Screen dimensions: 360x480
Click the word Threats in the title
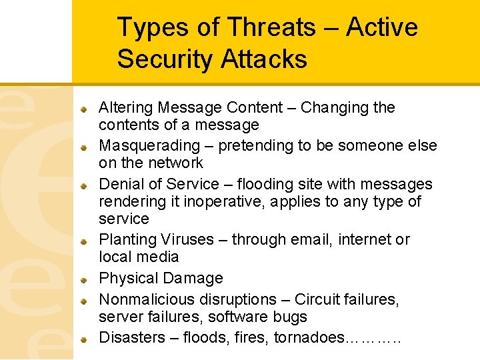pos(271,27)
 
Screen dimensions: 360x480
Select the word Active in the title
pos(382,27)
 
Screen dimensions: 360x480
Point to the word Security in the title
pos(164,59)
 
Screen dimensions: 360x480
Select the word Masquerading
pos(149,145)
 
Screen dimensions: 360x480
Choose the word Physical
pos(125,278)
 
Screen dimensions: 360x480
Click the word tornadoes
pos(309,338)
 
